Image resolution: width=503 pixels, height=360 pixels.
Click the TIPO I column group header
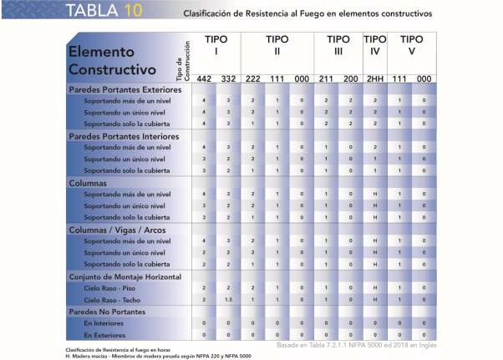[216, 45]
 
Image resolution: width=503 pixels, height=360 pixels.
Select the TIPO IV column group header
[375, 45]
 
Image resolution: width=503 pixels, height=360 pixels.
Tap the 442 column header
[204, 78]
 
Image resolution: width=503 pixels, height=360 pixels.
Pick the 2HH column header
[375, 78]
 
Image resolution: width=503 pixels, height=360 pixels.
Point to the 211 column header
[327, 78]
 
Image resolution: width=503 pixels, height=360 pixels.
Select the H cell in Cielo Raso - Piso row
[375, 287]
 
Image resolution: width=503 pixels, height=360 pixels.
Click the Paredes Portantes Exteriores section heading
[124, 89]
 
